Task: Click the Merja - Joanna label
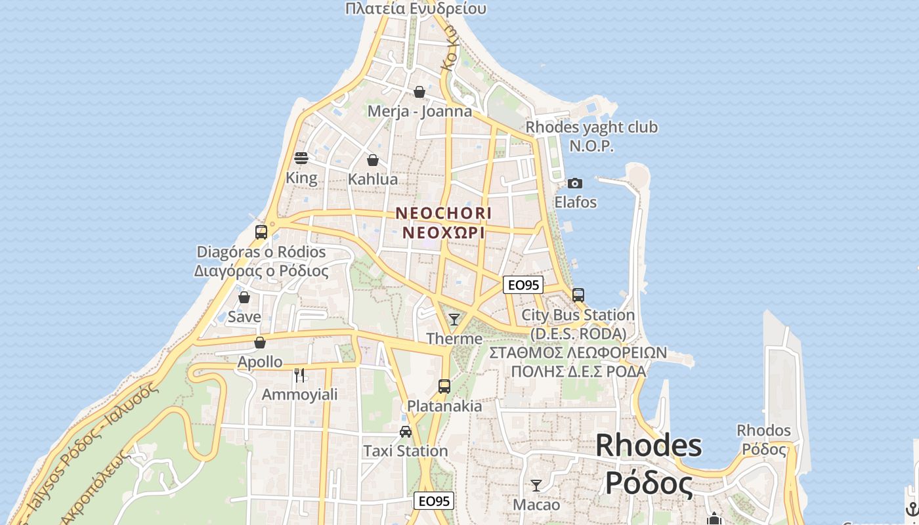pos(419,111)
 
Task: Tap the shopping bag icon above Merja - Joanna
pos(419,92)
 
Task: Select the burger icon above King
pos(301,158)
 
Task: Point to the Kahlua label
pos(373,179)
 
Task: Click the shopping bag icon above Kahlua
pos(373,160)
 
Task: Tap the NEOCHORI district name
pos(443,213)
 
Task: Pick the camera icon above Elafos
pos(575,183)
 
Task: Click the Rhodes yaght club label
pos(591,127)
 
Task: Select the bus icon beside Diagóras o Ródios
pos(261,232)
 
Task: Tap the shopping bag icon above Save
pos(244,297)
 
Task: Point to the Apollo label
pos(260,362)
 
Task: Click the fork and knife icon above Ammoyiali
pos(299,375)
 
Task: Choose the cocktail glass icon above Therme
pos(454,320)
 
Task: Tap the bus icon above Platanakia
pos(444,386)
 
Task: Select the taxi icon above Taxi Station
pos(406,431)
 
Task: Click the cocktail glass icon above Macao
pos(536,486)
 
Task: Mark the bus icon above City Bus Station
pos(578,295)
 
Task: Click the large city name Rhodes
pos(649,446)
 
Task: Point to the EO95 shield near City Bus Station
pos(523,285)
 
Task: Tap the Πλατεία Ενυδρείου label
pos(416,9)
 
